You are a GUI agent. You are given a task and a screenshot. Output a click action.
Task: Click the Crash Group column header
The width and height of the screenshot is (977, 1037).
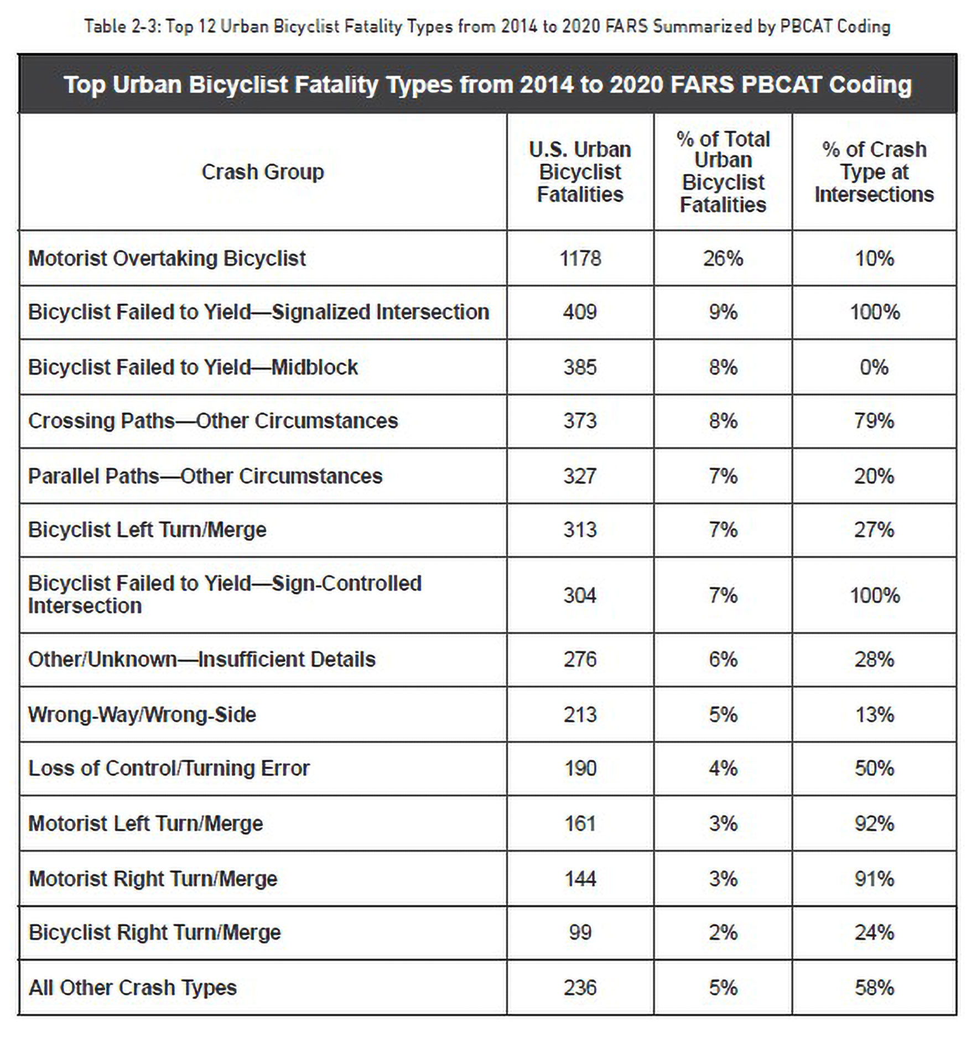pyautogui.click(x=263, y=172)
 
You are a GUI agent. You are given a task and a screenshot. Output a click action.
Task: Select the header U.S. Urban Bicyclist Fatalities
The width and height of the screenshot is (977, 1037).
pyautogui.click(x=580, y=172)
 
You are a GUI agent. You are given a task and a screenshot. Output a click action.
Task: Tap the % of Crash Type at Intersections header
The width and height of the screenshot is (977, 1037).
pyautogui.click(x=874, y=172)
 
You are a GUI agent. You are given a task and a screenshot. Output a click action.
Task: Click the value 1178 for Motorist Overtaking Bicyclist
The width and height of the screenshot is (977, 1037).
pyautogui.click(x=580, y=258)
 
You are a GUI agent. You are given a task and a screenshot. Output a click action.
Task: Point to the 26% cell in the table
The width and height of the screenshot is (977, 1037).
pyautogui.click(x=723, y=258)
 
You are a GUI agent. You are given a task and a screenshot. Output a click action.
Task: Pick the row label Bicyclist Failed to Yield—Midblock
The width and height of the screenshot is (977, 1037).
pyautogui.click(x=193, y=367)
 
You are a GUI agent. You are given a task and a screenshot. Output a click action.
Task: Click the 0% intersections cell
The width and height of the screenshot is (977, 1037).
pyautogui.click(x=874, y=367)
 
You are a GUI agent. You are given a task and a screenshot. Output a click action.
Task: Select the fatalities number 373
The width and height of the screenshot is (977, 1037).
pyautogui.click(x=580, y=421)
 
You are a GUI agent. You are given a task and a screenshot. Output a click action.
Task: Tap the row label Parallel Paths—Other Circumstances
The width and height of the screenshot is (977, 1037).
pyautogui.click(x=205, y=476)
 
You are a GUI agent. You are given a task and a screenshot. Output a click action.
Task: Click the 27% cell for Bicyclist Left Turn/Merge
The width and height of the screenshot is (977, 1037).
pyautogui.click(x=874, y=530)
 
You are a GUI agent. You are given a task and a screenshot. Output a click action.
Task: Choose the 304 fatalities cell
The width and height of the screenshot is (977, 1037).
pyautogui.click(x=580, y=596)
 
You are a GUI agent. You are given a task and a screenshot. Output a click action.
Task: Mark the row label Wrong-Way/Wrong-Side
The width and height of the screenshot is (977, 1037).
pyautogui.click(x=142, y=715)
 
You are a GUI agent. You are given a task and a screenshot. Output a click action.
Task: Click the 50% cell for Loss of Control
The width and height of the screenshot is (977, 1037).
pyautogui.click(x=874, y=768)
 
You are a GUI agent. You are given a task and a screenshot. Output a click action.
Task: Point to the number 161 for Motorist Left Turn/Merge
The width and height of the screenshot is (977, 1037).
pyautogui.click(x=580, y=824)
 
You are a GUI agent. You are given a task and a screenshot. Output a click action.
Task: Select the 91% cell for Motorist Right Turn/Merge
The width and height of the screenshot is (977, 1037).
pyautogui.click(x=874, y=879)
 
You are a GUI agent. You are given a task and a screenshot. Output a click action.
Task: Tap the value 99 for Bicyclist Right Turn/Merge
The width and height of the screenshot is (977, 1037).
pyautogui.click(x=580, y=932)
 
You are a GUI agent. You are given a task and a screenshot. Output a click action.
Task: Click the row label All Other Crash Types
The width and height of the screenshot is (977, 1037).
pyautogui.click(x=133, y=988)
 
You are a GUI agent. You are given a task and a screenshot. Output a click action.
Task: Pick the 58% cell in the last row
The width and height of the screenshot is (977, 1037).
pyautogui.click(x=874, y=988)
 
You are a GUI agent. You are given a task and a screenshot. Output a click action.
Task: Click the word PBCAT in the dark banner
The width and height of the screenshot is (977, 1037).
pyautogui.click(x=780, y=85)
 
